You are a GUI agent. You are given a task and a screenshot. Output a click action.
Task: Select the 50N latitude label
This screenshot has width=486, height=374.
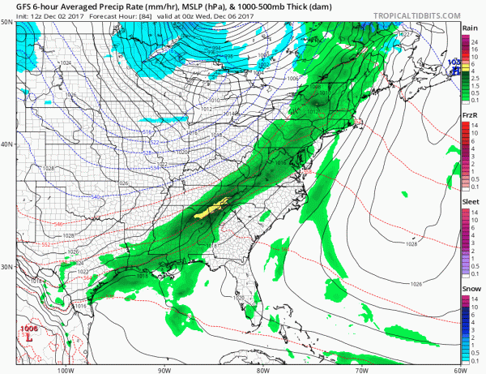[x=7, y=24]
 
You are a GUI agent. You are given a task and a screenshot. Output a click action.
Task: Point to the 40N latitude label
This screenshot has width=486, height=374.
[x=7, y=144]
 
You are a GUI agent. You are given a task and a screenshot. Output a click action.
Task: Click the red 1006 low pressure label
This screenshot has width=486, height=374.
[x=30, y=328]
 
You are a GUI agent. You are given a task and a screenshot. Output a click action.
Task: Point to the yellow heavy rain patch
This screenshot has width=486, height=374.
[x=215, y=207]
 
